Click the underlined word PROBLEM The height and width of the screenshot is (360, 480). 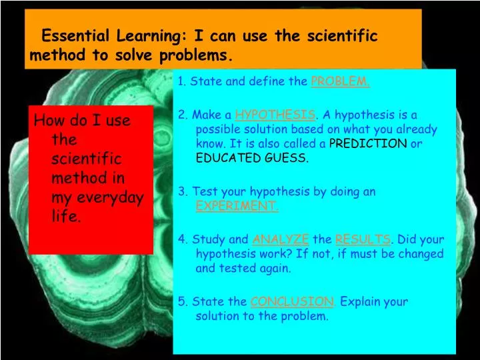[340, 82]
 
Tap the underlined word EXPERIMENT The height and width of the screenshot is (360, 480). [237, 206]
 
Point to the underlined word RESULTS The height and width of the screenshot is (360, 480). [362, 239]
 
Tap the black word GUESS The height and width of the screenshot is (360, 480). [285, 158]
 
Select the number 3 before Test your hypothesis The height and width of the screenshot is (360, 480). [181, 192]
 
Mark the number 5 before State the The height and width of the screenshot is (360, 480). [181, 301]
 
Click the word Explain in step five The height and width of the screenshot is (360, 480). [361, 301]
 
